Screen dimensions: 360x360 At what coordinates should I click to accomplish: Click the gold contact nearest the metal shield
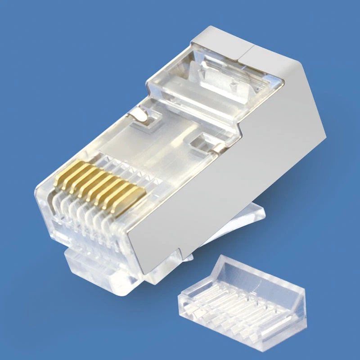point(130,198)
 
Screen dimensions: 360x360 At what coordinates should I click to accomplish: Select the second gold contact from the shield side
point(121,194)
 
